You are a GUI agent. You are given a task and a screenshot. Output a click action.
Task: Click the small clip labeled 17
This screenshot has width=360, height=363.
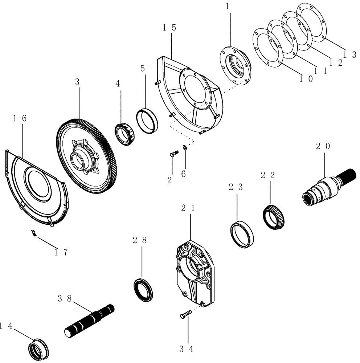tap(33, 233)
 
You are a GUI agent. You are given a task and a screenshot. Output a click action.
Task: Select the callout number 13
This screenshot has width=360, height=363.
tap(350, 54)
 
